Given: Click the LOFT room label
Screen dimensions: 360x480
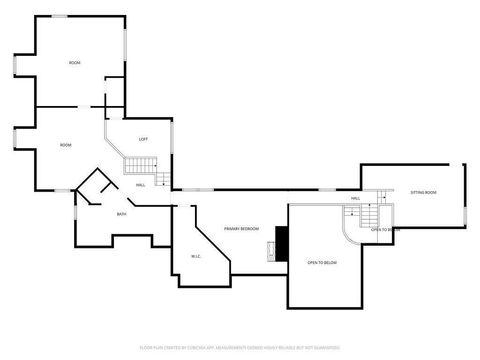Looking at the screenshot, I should [x=143, y=138].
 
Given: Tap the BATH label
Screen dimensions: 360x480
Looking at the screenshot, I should [x=121, y=214].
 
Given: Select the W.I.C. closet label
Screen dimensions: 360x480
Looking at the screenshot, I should [x=196, y=256].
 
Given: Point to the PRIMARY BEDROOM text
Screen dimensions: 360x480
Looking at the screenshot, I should [x=243, y=228].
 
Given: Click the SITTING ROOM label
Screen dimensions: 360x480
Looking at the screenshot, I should [x=423, y=191].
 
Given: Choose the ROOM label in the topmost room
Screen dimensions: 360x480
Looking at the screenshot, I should [x=74, y=63].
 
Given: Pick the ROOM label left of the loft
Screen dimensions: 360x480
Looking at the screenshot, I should [x=65, y=146].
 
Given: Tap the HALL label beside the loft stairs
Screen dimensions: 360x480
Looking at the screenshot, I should [x=141, y=184].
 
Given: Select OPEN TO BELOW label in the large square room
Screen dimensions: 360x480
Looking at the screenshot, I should [x=322, y=262].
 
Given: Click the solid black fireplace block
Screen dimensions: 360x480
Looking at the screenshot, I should [x=282, y=242].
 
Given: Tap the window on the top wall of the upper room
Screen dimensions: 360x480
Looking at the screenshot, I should [x=60, y=15].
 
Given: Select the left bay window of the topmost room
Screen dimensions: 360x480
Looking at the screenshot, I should [x=16, y=64].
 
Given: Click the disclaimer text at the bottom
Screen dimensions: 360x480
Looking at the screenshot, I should [x=240, y=348].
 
